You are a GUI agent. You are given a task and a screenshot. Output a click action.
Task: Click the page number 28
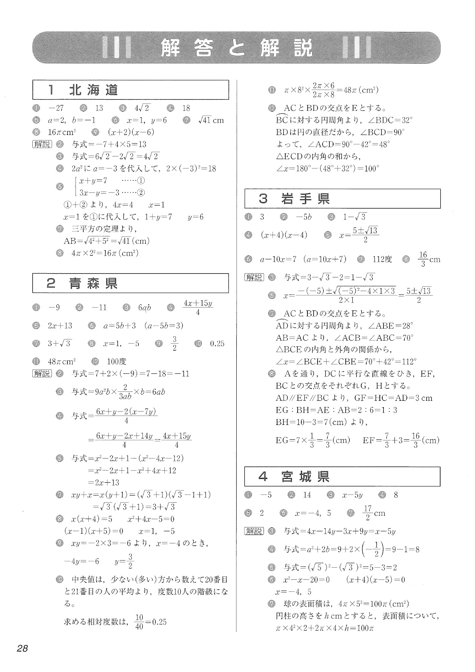tap(22, 648)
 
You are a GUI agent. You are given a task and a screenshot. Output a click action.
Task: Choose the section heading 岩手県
tap(306, 199)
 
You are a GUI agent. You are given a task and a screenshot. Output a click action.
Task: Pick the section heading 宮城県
tap(305, 477)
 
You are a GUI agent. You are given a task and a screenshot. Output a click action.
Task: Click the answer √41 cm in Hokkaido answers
tap(211, 120)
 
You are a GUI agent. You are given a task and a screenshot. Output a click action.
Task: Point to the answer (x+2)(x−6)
tap(131, 132)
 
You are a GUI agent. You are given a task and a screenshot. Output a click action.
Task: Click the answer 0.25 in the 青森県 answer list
tap(217, 344)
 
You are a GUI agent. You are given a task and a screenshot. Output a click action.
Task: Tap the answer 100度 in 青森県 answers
tap(117, 362)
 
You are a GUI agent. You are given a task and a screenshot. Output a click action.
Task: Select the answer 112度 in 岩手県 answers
tap(382, 259)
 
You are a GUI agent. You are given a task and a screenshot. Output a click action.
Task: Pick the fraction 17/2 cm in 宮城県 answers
tap(374, 513)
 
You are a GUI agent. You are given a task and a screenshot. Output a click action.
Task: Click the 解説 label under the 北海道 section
tap(42, 144)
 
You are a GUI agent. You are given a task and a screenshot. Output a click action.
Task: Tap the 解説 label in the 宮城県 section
tap(254, 531)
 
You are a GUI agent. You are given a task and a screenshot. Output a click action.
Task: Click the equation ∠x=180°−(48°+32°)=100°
tap(328, 168)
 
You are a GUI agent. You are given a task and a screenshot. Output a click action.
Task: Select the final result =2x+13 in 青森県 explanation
tap(104, 483)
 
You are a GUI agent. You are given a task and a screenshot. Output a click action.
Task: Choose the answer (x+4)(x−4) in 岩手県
tap(284, 235)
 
